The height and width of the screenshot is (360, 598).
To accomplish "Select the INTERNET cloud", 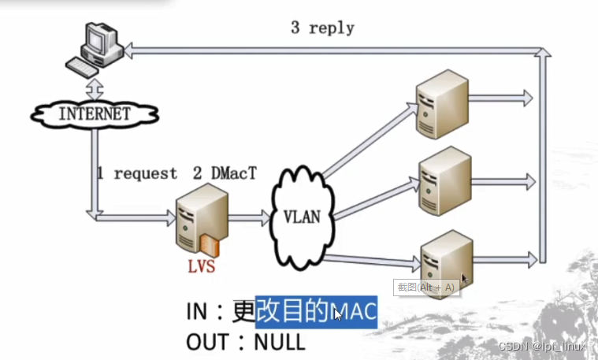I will [94, 113].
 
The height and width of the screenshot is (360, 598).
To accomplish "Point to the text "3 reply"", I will [322, 28].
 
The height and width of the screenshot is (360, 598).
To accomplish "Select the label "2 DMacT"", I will [225, 173].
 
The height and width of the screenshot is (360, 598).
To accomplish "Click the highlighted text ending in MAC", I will [316, 312].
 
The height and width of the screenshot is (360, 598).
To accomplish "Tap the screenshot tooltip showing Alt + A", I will [425, 288].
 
